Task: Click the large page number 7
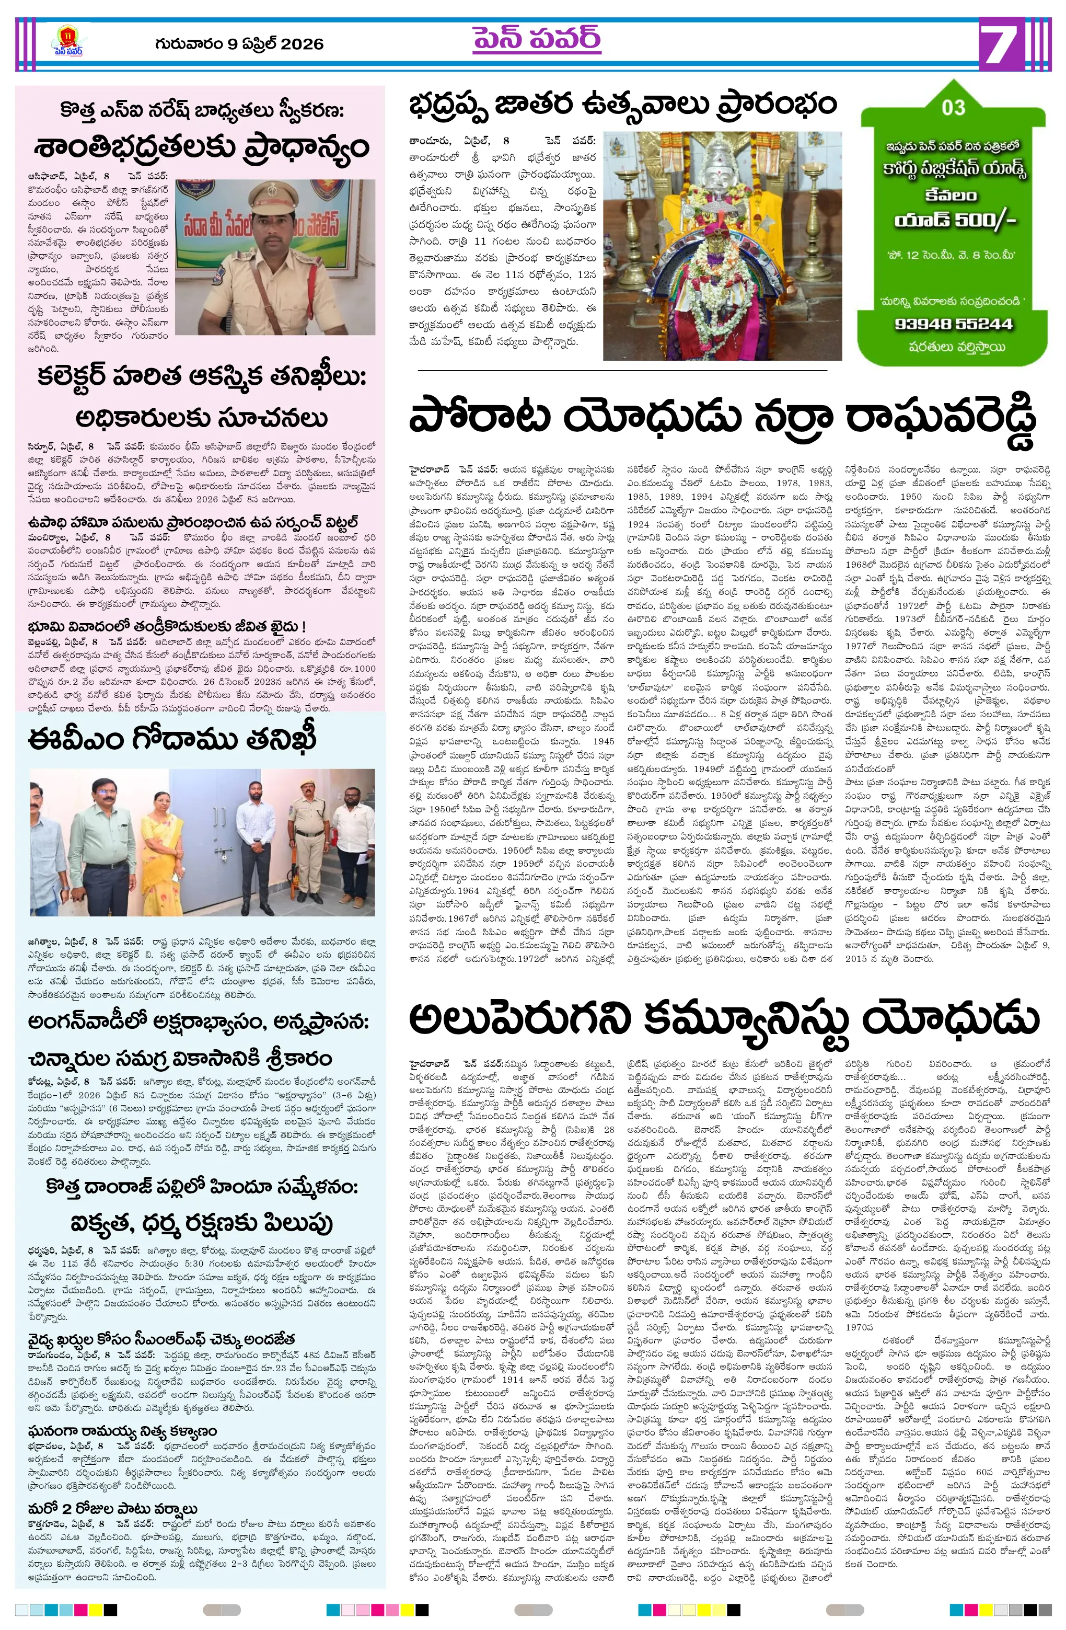pos(1001,44)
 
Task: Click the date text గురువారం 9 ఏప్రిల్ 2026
pos(239,44)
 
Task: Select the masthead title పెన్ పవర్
pos(536,40)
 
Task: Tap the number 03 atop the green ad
pos(953,108)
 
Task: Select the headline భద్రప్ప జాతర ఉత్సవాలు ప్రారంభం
pos(622,105)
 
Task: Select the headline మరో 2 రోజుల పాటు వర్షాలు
pos(113,1509)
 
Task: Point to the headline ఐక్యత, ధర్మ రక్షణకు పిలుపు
pos(201,1223)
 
